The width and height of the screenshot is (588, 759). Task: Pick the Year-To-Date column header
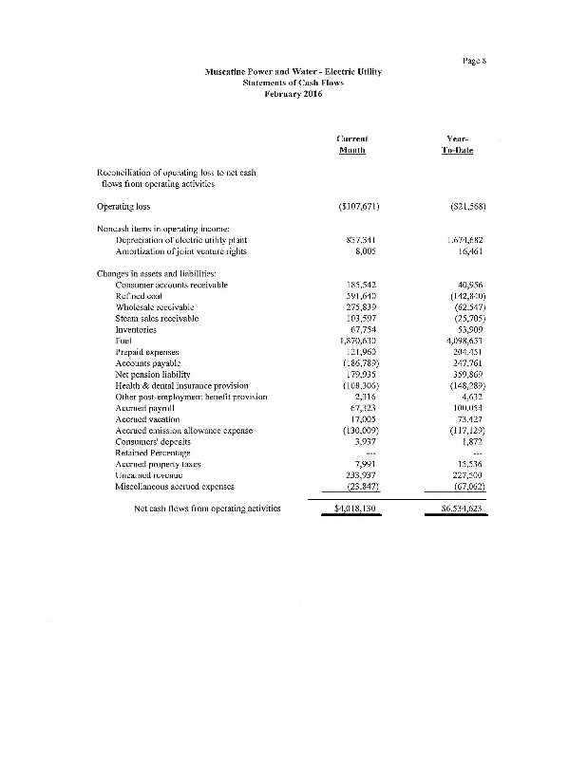(x=457, y=144)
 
